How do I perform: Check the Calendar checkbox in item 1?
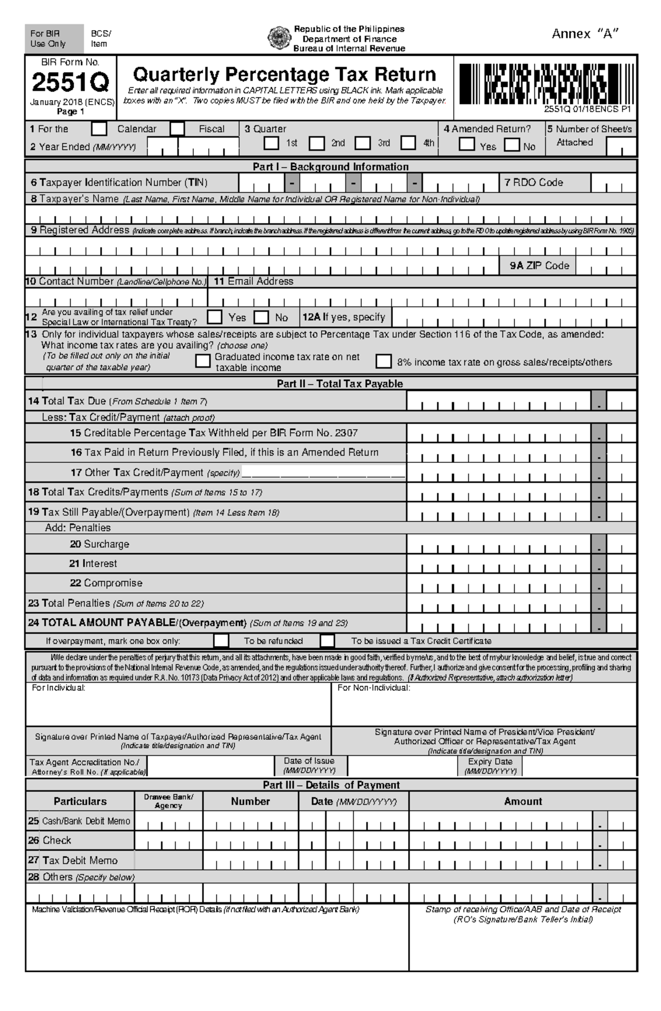[x=99, y=129]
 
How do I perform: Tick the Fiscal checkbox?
[x=177, y=129]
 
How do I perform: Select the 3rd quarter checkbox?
[x=362, y=143]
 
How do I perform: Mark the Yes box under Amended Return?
[x=467, y=144]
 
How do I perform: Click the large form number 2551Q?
[x=71, y=83]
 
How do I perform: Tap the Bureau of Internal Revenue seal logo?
[x=277, y=38]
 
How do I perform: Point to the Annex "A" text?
[x=585, y=34]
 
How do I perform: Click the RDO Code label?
[x=534, y=182]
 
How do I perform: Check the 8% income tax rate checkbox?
[x=383, y=361]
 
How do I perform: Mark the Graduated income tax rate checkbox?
[x=203, y=361]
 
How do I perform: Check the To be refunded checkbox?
[x=221, y=641]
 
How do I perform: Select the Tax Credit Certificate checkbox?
[x=327, y=641]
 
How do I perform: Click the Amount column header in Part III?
[x=523, y=801]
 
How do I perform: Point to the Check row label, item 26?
[x=57, y=840]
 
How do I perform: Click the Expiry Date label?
[x=490, y=761]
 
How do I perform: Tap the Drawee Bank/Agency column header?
[x=169, y=801]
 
